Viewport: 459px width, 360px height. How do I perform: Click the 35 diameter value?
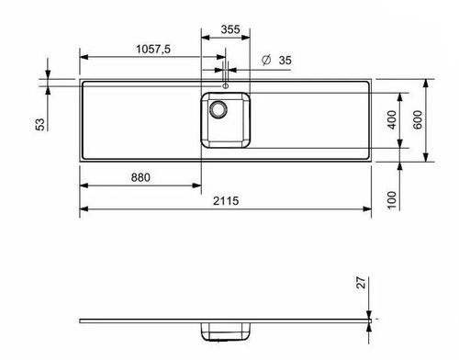point(285,60)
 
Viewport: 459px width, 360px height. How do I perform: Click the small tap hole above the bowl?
point(223,85)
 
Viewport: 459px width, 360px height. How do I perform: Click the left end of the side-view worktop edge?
point(81,320)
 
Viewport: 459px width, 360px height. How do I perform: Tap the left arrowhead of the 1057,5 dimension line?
point(84,62)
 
